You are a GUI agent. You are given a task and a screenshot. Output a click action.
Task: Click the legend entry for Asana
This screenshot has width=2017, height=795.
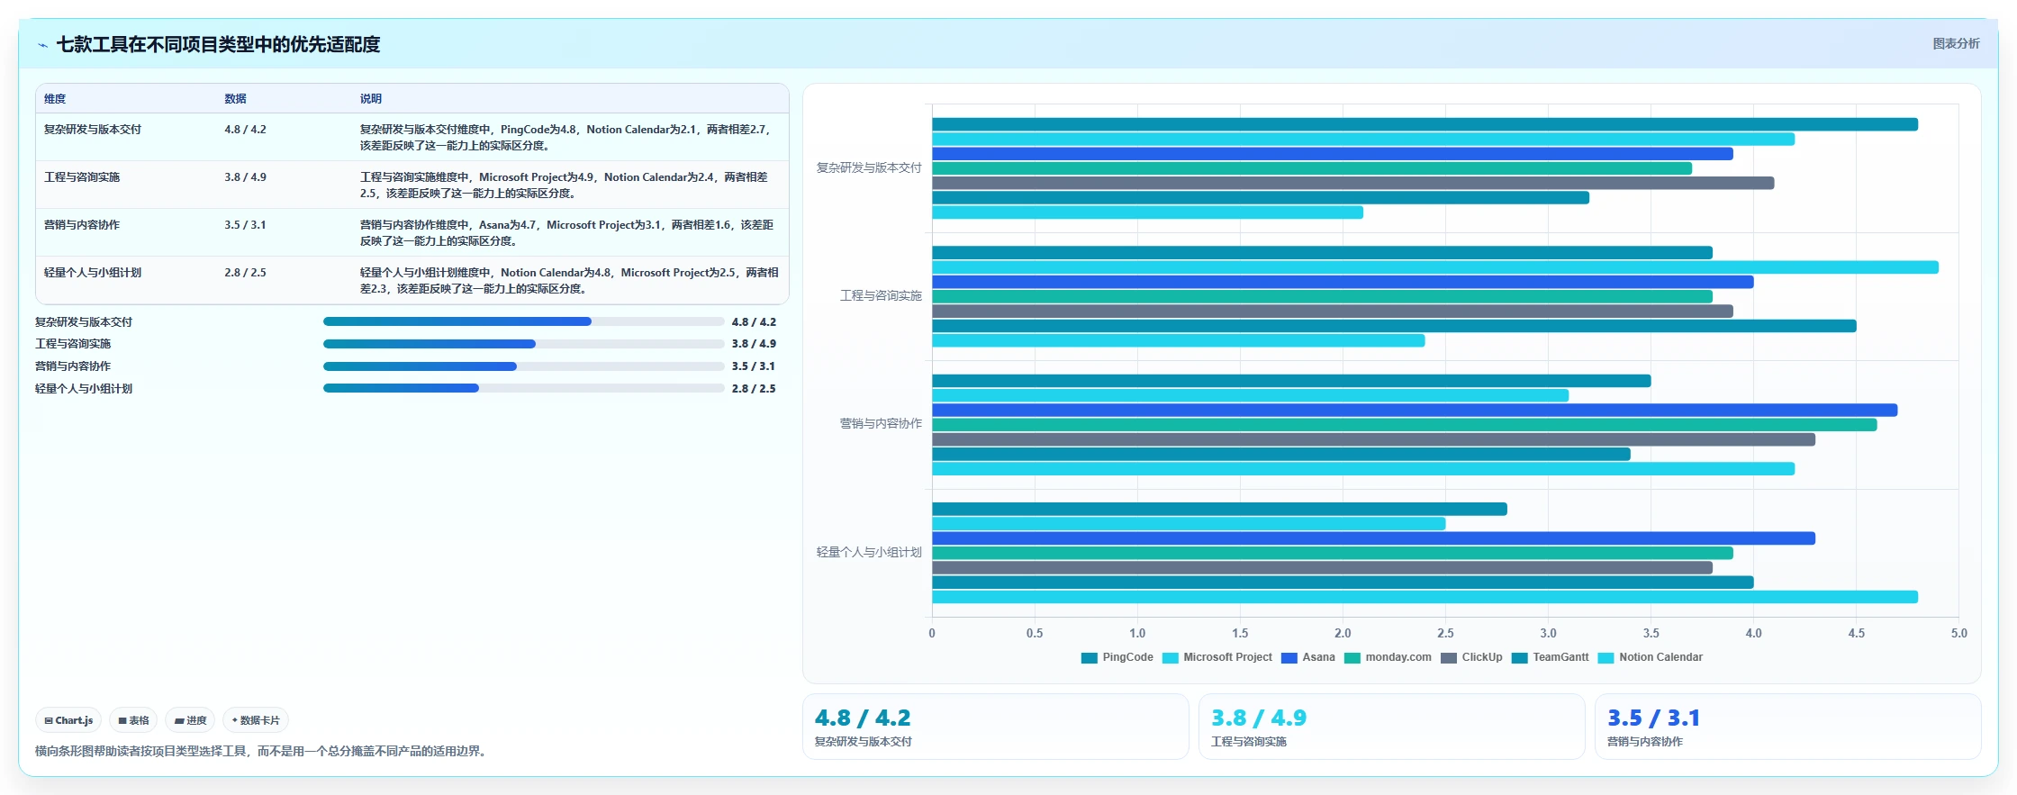coord(1307,657)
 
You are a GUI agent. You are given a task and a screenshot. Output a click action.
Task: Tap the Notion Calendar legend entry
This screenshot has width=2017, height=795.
coord(1651,657)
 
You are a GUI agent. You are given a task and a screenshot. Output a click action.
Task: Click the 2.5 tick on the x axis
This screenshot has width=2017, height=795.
coord(1445,633)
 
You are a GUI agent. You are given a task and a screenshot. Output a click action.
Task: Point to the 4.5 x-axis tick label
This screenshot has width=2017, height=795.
coord(1856,633)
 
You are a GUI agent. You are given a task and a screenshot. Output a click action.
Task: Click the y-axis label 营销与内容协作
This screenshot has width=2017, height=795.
coord(881,423)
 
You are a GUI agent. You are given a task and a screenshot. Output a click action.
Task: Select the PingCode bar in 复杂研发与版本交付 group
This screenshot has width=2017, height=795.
coord(1425,124)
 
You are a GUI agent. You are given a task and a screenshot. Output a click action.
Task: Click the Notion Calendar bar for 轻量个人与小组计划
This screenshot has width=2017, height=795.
coord(1425,597)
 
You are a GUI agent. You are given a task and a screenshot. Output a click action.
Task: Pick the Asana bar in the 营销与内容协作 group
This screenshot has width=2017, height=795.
coord(1415,410)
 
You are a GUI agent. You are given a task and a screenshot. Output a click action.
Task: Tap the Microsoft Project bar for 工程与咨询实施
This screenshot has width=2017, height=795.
coord(1435,267)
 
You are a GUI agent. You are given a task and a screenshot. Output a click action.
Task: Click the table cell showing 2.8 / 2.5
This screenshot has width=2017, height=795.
coord(245,273)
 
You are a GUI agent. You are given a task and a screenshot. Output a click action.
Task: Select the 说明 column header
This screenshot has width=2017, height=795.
coord(371,99)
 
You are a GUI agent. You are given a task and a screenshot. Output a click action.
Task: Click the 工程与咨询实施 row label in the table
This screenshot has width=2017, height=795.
coord(82,177)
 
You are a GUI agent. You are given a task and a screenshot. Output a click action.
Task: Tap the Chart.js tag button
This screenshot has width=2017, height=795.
coord(68,720)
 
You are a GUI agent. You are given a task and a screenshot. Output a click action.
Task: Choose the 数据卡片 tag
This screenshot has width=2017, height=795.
coord(256,720)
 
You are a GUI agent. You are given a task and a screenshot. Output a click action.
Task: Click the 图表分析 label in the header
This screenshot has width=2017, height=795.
coord(1956,43)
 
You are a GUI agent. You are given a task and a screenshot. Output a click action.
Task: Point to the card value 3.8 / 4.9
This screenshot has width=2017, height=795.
coord(1258,718)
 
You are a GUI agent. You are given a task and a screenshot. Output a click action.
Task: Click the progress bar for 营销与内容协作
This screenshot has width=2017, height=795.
coord(523,366)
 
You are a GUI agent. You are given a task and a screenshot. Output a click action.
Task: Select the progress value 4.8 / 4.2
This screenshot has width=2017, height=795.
coord(754,322)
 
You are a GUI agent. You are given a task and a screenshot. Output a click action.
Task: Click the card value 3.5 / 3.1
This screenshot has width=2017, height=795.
coord(1653,718)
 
